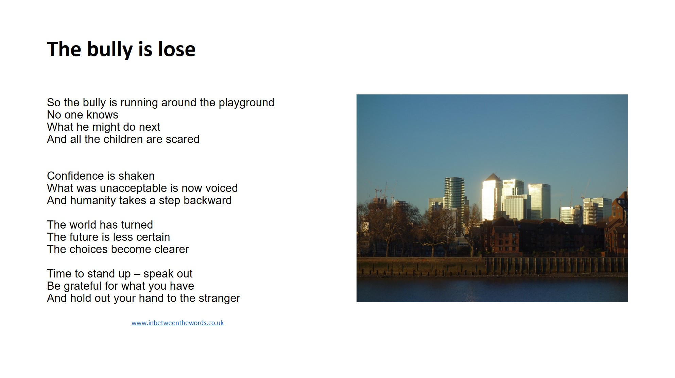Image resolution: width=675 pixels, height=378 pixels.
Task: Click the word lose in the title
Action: (x=177, y=49)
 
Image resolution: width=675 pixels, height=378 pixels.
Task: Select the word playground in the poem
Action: (x=246, y=103)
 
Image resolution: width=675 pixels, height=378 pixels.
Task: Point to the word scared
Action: (x=183, y=139)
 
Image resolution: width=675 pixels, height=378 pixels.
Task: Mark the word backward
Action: (x=208, y=200)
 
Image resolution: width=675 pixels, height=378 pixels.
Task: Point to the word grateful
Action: (x=83, y=286)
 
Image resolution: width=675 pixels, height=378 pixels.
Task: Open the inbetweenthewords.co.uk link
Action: (x=177, y=323)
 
